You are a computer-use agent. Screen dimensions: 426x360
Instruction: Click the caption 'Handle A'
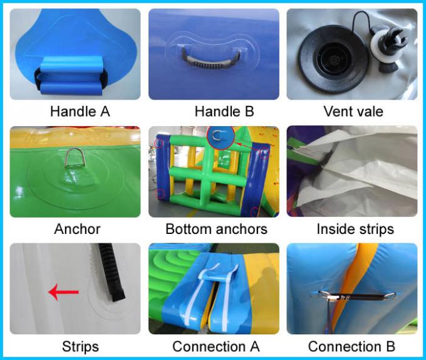coord(80,112)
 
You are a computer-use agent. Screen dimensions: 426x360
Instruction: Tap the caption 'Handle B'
coord(224,112)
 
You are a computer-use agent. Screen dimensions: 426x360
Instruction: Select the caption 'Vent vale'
coord(353,112)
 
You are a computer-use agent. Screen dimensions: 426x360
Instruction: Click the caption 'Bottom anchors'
coord(217,229)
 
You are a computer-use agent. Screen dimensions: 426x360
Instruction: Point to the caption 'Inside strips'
coord(355,229)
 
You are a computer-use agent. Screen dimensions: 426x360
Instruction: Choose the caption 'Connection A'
coord(216,347)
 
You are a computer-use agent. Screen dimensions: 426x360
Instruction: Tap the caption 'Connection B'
coord(351,347)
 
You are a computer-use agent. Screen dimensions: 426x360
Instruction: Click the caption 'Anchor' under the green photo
coord(77,229)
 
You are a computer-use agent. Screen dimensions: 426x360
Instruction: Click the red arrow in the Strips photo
coord(63,292)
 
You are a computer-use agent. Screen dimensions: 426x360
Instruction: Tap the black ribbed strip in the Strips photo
coord(111,272)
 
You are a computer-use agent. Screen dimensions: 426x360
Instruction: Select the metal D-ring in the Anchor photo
coord(75,157)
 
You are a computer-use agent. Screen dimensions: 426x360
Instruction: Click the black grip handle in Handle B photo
coord(210,60)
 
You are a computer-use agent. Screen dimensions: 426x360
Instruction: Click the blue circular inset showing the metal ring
coord(221,137)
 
